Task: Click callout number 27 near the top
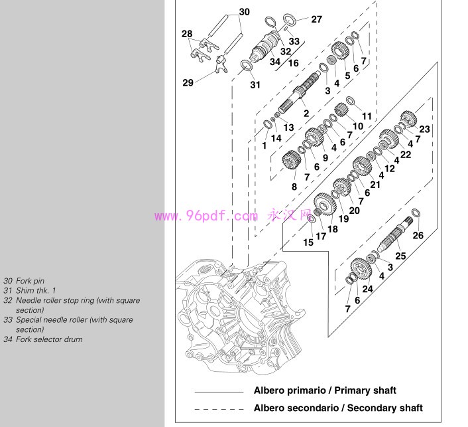(x=316, y=19)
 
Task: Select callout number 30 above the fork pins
(x=245, y=12)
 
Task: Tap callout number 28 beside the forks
(x=187, y=33)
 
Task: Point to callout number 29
(x=188, y=82)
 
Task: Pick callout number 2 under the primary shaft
(x=306, y=113)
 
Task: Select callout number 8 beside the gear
(x=294, y=187)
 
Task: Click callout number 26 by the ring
(x=418, y=235)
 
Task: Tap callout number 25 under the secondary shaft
(x=400, y=256)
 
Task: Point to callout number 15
(x=308, y=243)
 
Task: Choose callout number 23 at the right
(x=425, y=128)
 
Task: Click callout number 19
(x=343, y=218)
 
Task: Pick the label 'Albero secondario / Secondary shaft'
(x=338, y=408)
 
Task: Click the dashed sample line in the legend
(x=219, y=408)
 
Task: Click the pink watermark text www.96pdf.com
(x=205, y=216)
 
